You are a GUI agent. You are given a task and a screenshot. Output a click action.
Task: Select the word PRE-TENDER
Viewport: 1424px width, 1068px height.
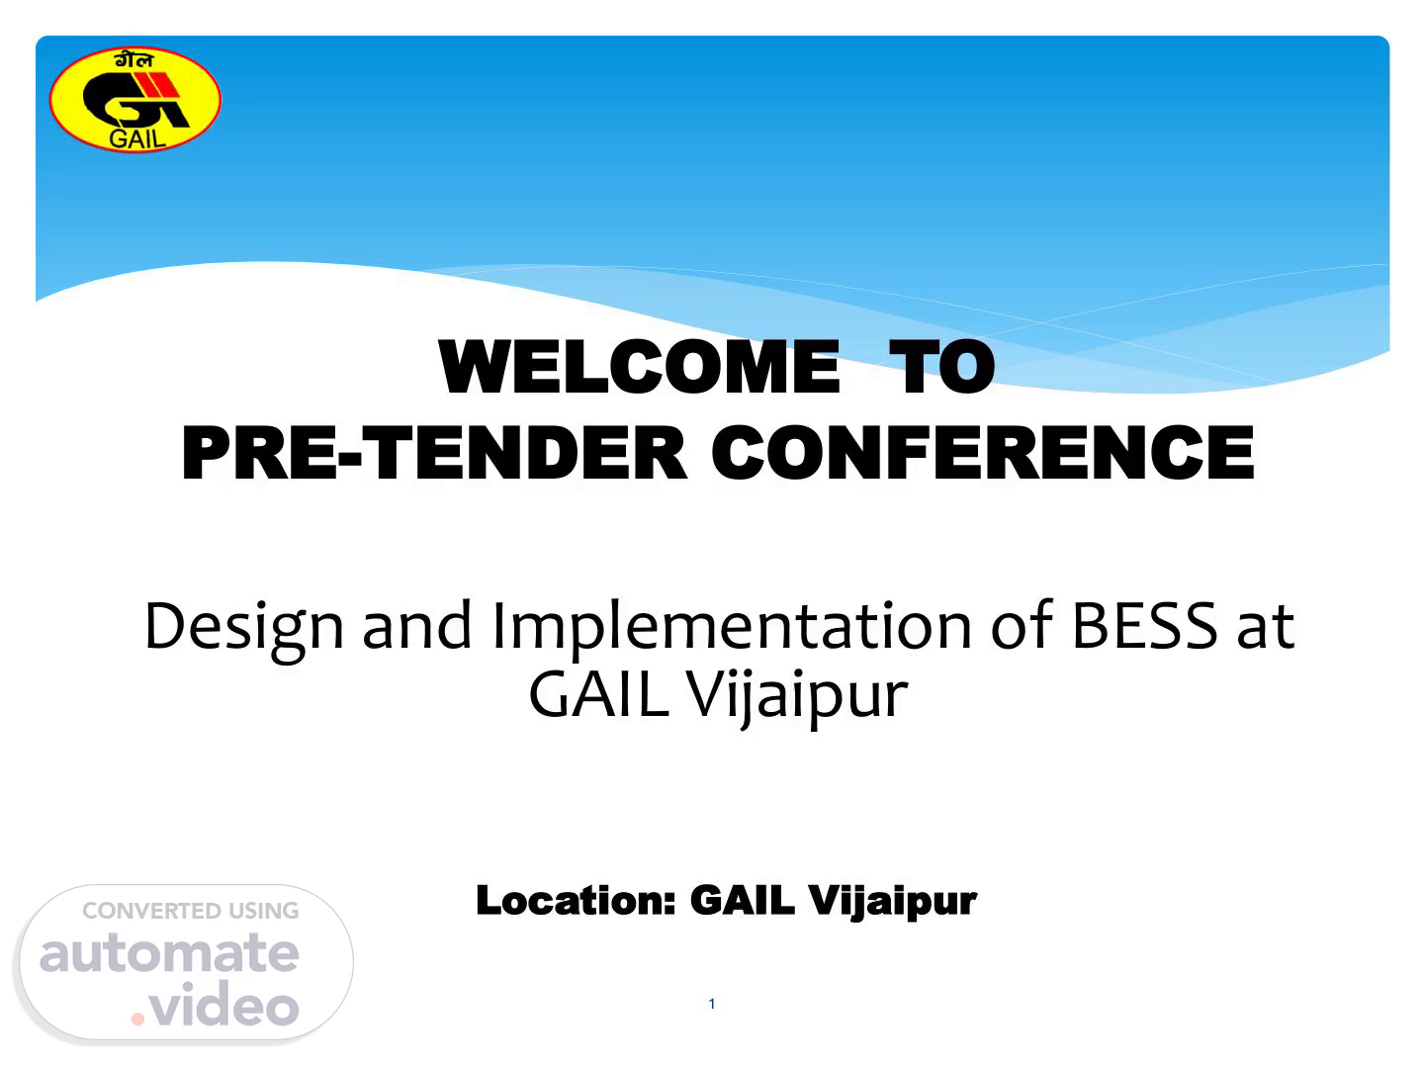pyautogui.click(x=433, y=453)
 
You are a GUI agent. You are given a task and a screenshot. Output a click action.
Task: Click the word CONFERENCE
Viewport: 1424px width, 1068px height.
pyautogui.click(x=982, y=453)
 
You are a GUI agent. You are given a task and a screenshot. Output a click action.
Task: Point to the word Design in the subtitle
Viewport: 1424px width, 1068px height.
pyautogui.click(x=243, y=629)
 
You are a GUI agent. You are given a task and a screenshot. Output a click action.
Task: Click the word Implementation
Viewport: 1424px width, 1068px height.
pyautogui.click(x=732, y=629)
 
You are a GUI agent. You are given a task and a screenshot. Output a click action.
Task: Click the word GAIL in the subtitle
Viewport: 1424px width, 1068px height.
pyautogui.click(x=598, y=694)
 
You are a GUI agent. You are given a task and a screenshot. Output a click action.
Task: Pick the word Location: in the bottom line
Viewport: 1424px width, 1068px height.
pyautogui.click(x=576, y=900)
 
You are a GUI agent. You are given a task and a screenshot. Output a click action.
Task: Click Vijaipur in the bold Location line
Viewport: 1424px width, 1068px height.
pyautogui.click(x=892, y=901)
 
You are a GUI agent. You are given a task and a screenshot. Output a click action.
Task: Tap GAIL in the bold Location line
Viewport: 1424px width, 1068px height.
pyautogui.click(x=743, y=900)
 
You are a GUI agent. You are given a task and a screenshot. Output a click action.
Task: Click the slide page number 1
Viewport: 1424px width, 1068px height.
pyautogui.click(x=712, y=1004)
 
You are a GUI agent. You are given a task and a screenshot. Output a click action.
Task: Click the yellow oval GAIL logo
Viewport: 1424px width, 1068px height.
pyautogui.click(x=134, y=99)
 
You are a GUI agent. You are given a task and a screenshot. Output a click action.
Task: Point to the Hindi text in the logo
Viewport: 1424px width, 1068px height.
pyautogui.click(x=134, y=60)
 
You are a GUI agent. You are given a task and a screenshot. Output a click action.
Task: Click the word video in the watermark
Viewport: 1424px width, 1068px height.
pyautogui.click(x=223, y=1004)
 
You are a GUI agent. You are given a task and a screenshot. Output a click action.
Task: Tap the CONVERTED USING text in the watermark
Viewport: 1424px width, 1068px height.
pyautogui.click(x=191, y=911)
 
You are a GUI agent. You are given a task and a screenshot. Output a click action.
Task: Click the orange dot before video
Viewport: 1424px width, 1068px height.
pyautogui.click(x=137, y=1020)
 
